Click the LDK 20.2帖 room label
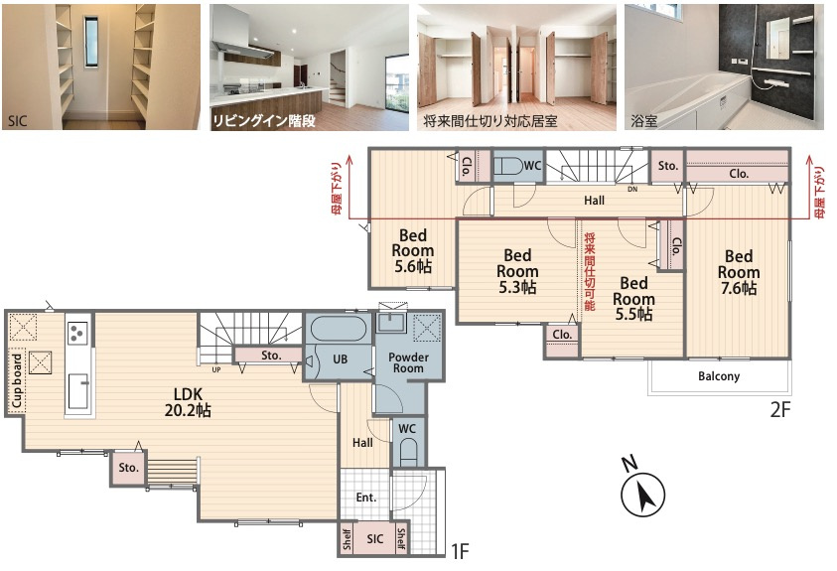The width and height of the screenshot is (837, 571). [x=188, y=402]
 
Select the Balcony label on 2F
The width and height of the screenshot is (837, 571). [x=719, y=376]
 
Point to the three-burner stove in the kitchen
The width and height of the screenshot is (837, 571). [x=77, y=332]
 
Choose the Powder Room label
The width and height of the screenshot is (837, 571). [x=408, y=362]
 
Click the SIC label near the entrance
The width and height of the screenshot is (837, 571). [x=374, y=539]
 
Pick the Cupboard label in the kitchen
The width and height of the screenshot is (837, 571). [x=17, y=380]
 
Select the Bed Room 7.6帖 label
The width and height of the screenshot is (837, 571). [x=739, y=272]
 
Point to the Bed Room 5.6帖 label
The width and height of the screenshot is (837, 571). [x=413, y=251]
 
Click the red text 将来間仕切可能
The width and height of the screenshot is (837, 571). [x=590, y=271]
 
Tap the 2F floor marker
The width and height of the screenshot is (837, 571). [x=779, y=409]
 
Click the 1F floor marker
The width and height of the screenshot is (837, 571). [x=460, y=550]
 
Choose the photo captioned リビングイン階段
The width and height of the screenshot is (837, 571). [x=309, y=67]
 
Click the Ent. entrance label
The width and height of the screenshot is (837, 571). [x=365, y=498]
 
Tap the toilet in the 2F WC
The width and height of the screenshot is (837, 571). [x=507, y=166]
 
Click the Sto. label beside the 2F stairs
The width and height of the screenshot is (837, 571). [x=667, y=166]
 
